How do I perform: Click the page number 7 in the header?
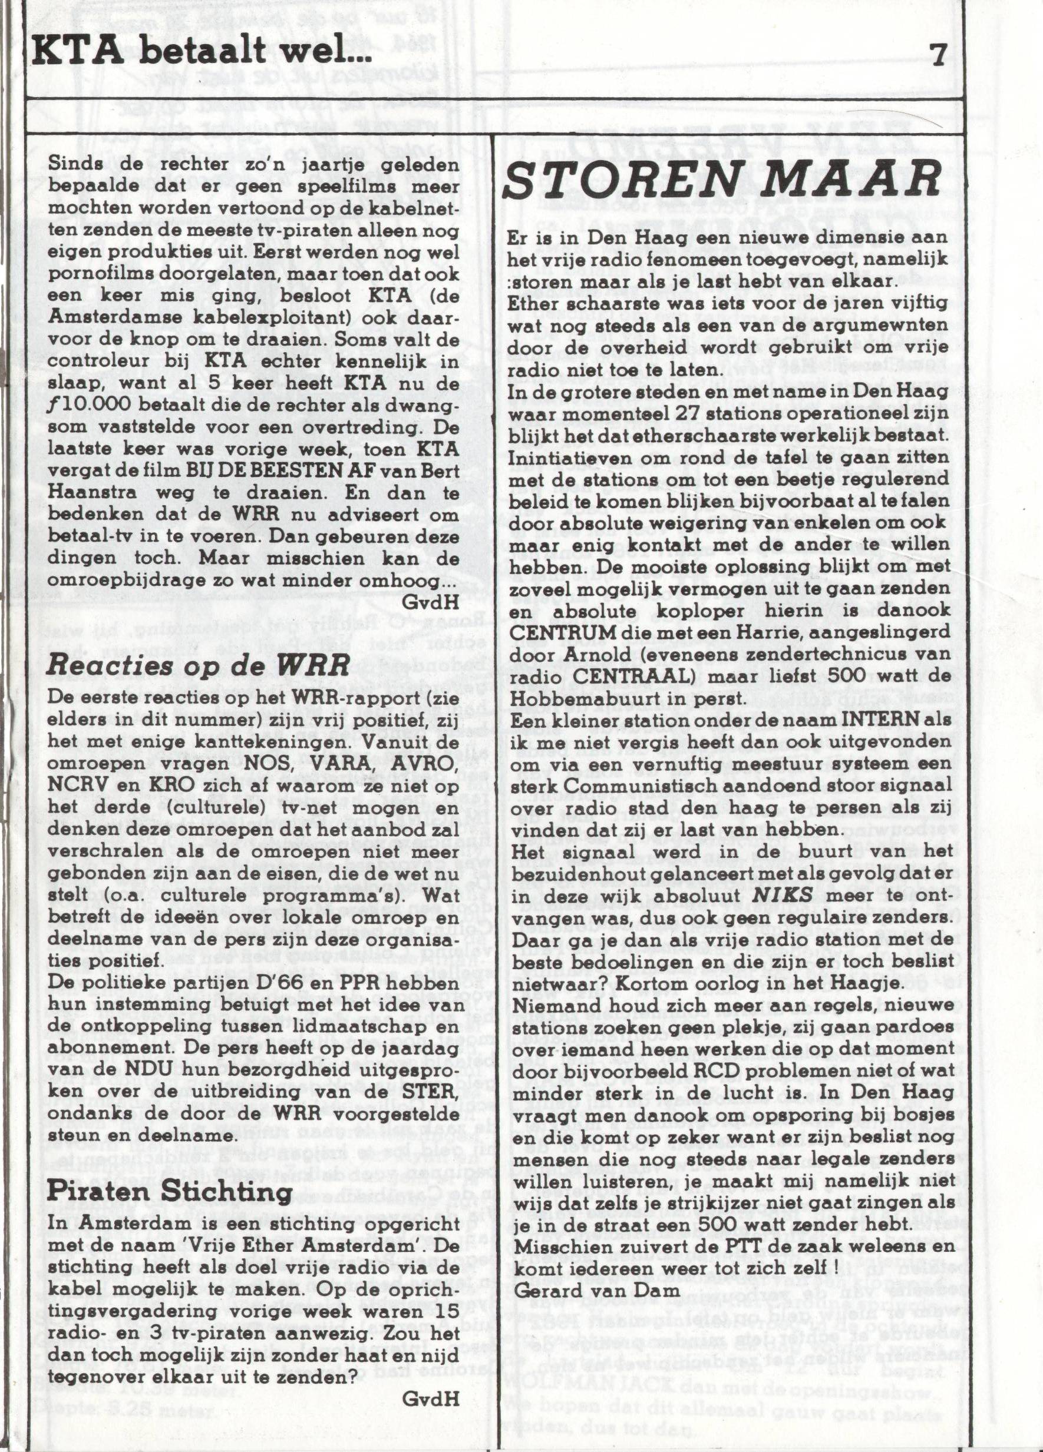pyautogui.click(x=938, y=57)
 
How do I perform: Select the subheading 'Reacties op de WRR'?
pyautogui.click(x=199, y=667)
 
